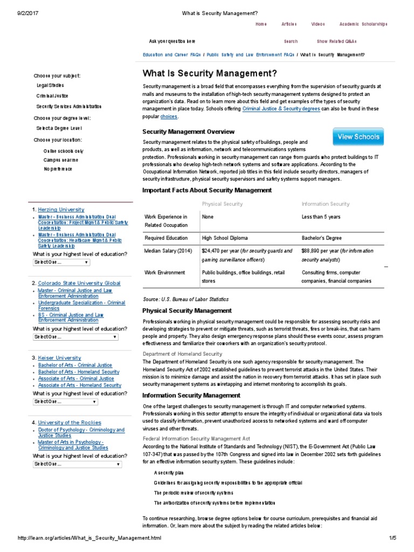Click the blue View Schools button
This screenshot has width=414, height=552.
[358, 137]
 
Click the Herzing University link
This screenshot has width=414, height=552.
[61, 209]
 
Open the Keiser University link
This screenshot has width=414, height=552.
[59, 357]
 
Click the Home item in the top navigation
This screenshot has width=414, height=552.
[261, 24]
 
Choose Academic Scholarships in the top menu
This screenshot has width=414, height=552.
[363, 24]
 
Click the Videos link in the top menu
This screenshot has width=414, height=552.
[318, 24]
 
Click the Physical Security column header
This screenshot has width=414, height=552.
[222, 204]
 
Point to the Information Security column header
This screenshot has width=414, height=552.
[325, 204]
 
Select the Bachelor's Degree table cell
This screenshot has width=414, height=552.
[321, 238]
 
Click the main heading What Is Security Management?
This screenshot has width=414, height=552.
[210, 73]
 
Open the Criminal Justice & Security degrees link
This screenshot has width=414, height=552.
[281, 109]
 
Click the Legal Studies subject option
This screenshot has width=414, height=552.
[50, 85]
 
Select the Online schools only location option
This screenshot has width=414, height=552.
[64, 151]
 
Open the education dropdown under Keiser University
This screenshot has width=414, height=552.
[65, 402]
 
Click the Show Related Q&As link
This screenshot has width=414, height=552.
[336, 41]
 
